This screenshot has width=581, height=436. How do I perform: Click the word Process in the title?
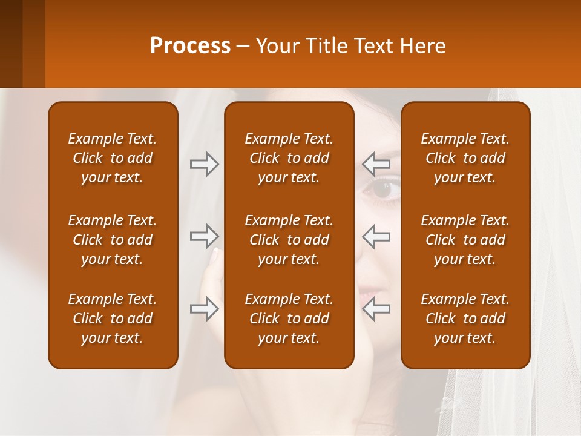point(190,46)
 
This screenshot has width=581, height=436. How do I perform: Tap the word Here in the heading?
point(422,46)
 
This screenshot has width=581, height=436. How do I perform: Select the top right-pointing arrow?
point(204,164)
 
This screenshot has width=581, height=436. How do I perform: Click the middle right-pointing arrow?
point(204,236)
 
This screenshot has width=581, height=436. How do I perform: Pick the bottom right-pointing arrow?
point(204,309)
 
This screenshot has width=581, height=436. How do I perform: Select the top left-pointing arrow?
point(376,163)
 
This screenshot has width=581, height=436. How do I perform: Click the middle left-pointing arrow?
point(376,236)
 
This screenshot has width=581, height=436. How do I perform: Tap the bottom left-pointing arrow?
point(376,309)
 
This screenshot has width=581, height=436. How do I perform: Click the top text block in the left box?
point(113,158)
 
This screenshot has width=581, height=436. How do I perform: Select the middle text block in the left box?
point(113,240)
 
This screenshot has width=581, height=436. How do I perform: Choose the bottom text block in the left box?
point(113,319)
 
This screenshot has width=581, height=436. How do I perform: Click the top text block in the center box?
point(289,158)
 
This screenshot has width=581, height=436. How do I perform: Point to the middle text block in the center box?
point(289,240)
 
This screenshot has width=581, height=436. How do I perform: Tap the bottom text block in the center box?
point(289,319)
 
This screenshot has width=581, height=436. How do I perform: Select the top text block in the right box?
point(465,158)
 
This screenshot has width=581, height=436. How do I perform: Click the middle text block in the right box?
point(465,240)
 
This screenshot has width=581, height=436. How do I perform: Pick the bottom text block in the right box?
point(465,319)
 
